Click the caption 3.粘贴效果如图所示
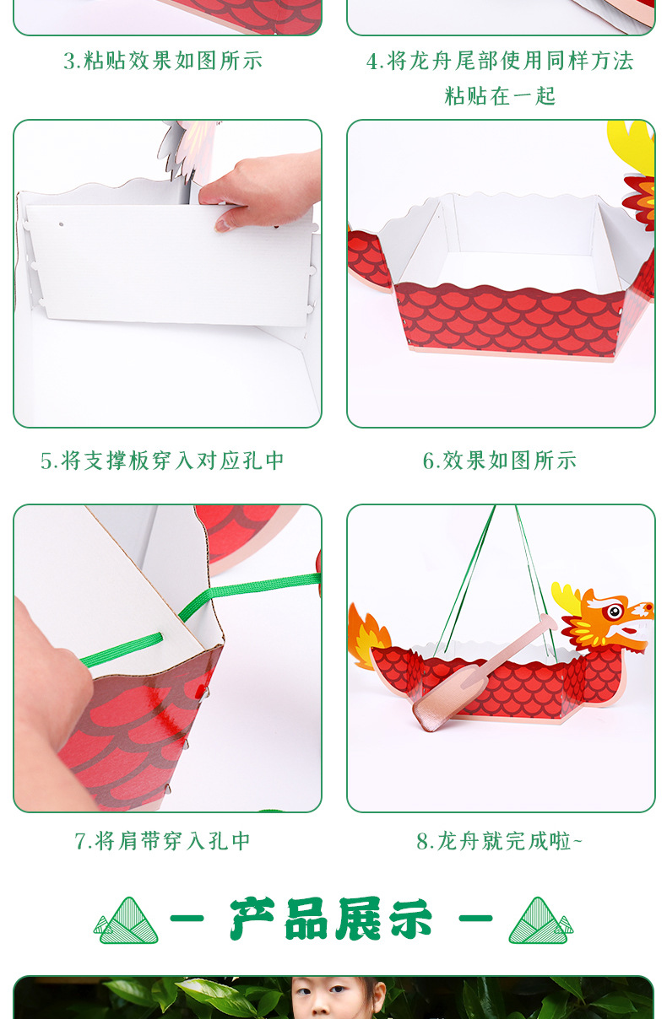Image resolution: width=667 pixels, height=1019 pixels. pos(163,61)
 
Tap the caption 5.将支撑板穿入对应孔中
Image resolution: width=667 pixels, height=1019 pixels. pos(163,461)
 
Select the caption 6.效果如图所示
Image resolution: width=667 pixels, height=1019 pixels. pos(500,461)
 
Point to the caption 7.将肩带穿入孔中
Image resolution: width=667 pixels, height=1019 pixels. pos(163,841)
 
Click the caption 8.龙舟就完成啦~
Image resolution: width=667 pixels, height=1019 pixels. pos(500,841)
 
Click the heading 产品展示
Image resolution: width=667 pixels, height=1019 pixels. pos(331,919)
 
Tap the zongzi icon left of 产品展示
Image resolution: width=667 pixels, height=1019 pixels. pos(127,920)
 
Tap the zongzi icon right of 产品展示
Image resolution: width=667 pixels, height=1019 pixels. pos(540,920)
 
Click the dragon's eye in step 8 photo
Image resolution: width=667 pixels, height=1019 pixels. pos(614,611)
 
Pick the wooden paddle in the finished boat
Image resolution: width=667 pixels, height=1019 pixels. pos(473,675)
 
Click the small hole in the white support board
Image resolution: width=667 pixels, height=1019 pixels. pos(61,226)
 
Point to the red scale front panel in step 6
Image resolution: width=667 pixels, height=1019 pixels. pos(507,316)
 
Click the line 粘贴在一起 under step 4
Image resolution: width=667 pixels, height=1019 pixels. pos(500,96)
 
